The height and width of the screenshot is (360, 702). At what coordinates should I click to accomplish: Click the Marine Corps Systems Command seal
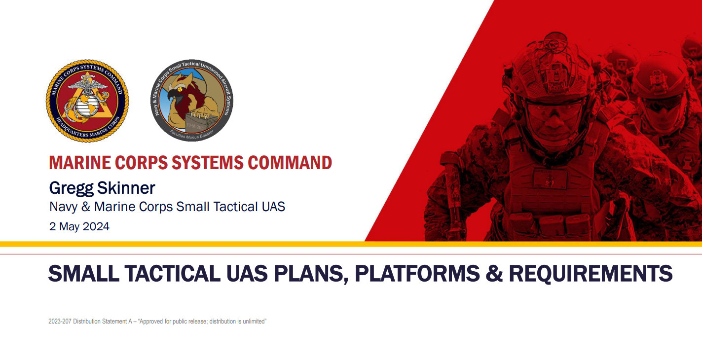coord(87,101)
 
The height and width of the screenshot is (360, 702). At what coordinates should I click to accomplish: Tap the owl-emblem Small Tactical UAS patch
coord(192,100)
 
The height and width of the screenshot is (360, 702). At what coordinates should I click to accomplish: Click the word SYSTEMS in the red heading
coord(208,163)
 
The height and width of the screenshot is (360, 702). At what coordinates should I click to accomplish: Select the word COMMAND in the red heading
coord(290,163)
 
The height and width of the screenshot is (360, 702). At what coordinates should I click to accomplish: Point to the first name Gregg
coord(72,188)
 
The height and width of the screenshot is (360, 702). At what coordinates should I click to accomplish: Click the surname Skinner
coord(126,188)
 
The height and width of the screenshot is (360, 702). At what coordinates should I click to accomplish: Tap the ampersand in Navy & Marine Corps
coord(85,207)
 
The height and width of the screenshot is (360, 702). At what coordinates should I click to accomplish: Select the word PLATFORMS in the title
coord(417,273)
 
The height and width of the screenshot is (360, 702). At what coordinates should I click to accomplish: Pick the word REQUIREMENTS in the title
coord(591,273)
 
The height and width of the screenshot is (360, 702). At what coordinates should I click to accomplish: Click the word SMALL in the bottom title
coord(84,273)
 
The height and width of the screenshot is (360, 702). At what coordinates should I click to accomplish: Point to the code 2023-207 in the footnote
coord(60,321)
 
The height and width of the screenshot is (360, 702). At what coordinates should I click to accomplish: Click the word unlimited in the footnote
coord(256,321)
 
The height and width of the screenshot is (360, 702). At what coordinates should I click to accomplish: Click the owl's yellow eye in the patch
coord(180,90)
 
